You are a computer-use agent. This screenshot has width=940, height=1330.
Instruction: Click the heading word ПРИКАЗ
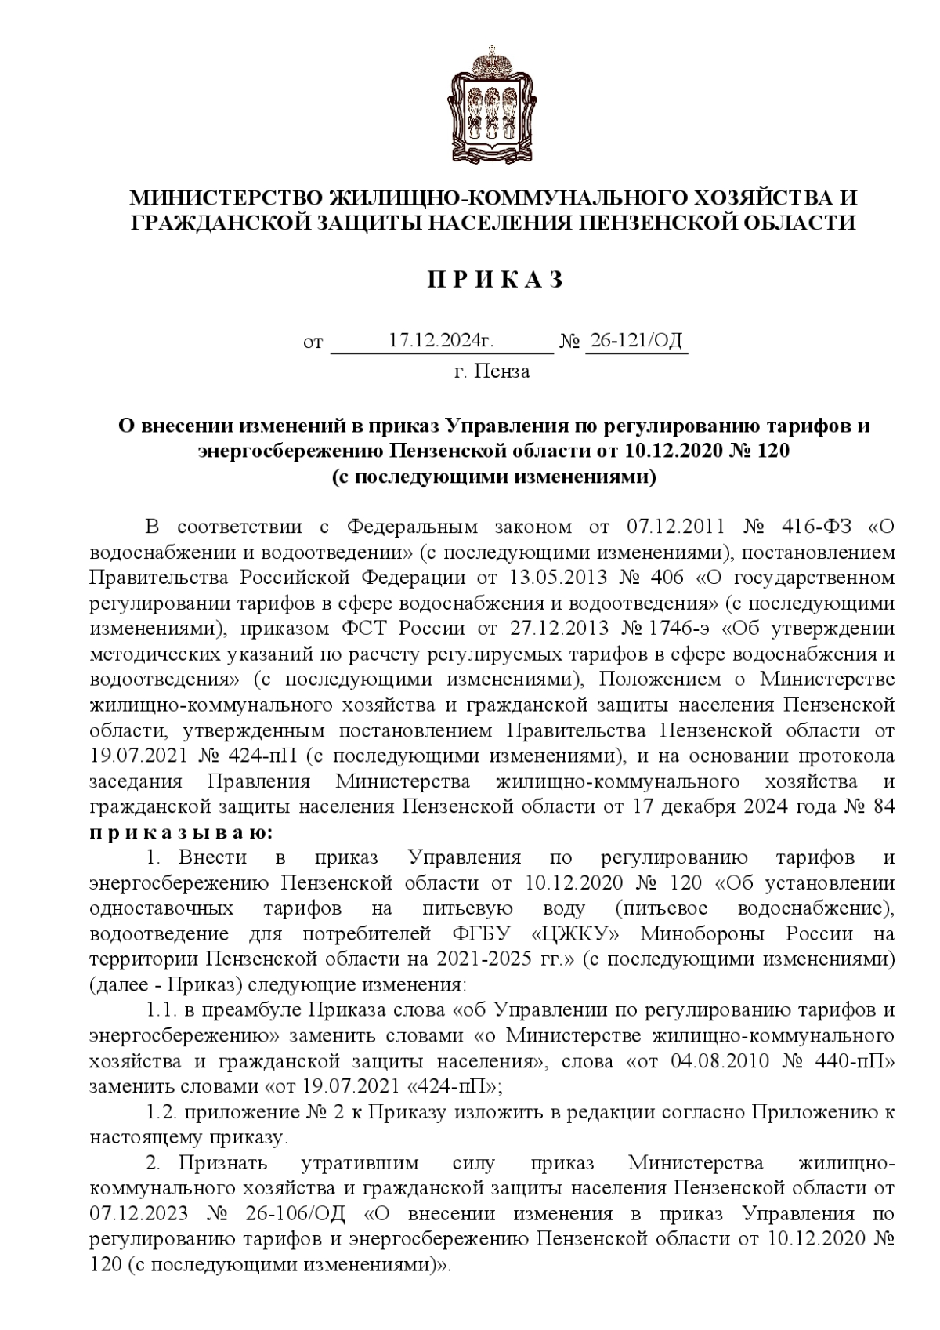tap(494, 280)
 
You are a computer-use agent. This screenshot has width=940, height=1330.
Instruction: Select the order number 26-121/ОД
tap(636, 340)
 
